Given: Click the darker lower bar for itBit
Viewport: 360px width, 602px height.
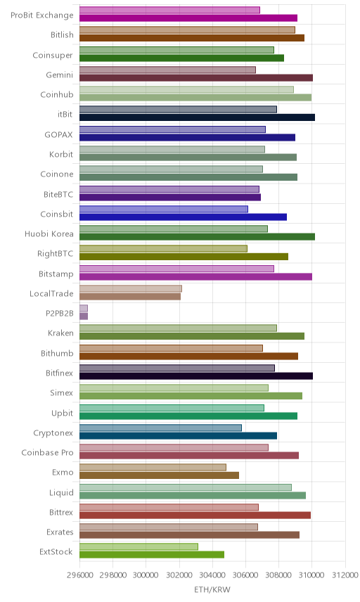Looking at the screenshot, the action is [x=197, y=117].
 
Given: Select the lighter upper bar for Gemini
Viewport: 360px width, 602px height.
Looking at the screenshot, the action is [x=167, y=70].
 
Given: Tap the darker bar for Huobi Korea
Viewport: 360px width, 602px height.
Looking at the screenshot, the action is [x=197, y=237].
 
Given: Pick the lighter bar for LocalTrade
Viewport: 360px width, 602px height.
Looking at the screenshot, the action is [x=131, y=289].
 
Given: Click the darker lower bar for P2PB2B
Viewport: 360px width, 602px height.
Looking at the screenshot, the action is [x=84, y=316].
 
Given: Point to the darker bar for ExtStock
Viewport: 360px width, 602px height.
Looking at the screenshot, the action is [x=152, y=555].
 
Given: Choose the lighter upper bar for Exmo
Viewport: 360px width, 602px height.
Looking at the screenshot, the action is [x=153, y=467].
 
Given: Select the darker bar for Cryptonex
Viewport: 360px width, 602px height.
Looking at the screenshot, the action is [x=178, y=436].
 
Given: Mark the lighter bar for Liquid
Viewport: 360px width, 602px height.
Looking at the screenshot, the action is [x=186, y=487].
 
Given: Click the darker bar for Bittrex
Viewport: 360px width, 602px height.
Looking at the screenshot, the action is [x=195, y=515].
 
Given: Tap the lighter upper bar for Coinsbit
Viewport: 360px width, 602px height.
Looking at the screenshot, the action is [x=164, y=209].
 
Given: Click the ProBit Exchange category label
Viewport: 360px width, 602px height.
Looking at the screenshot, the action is [x=41, y=15].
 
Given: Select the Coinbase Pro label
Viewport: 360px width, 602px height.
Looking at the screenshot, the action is [x=47, y=453].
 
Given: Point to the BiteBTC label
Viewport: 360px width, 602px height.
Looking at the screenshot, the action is [x=58, y=195].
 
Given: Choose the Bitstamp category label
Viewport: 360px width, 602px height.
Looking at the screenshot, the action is [x=56, y=274].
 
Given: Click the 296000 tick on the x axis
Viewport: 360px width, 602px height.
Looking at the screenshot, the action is [x=79, y=575].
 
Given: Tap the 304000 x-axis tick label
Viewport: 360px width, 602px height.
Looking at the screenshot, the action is [x=212, y=575].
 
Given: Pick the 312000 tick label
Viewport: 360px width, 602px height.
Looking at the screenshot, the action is [x=345, y=575].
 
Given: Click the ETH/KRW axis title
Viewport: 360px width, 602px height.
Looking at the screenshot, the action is [x=212, y=590].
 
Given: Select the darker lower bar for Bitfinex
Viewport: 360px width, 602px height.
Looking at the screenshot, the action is [x=196, y=376].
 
